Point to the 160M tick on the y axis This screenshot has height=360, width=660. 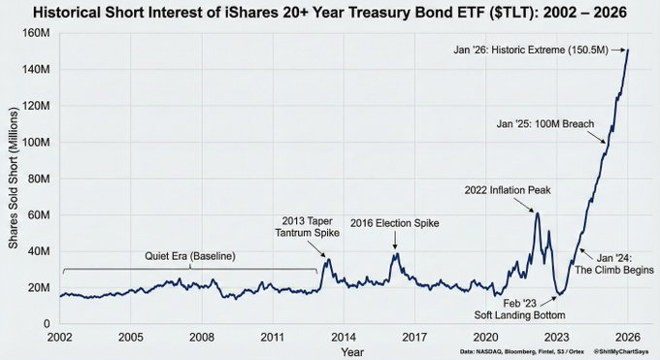pos(38,33)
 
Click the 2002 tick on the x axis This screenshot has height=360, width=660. pos(60,337)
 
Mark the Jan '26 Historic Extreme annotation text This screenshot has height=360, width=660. pos(529,50)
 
